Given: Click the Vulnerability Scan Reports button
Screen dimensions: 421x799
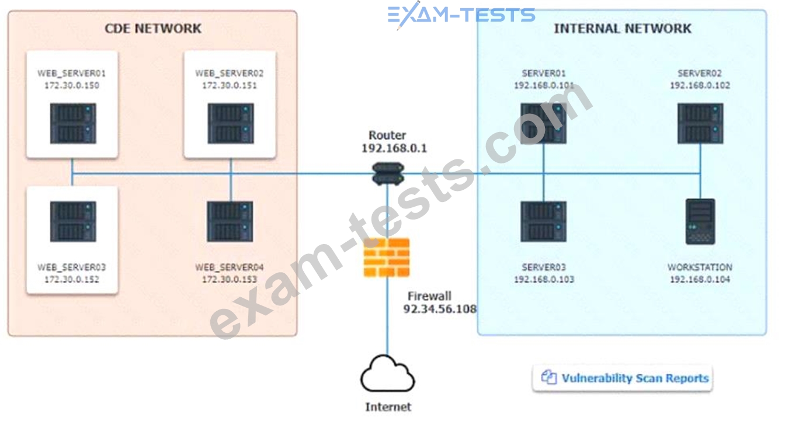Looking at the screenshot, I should click(x=623, y=378).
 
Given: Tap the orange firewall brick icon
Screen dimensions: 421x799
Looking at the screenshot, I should click(x=387, y=257).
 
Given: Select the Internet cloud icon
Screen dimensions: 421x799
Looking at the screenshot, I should click(x=387, y=375).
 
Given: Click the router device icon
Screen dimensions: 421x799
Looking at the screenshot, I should click(x=388, y=173).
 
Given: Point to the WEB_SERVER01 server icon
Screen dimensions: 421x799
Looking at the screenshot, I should click(x=72, y=124).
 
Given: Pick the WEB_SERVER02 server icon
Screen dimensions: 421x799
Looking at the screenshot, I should click(x=231, y=124).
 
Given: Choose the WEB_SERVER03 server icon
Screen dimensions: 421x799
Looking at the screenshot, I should click(x=72, y=222).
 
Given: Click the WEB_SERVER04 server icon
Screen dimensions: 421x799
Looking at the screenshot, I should click(x=230, y=222).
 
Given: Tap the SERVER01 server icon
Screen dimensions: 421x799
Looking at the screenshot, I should click(x=543, y=124).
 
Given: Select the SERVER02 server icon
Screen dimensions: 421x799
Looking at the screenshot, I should click(x=700, y=124).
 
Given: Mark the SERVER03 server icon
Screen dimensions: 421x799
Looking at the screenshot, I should click(x=543, y=222).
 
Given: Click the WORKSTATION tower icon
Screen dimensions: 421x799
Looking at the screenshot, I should click(x=700, y=222).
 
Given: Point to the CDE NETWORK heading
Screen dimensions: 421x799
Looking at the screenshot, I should click(x=152, y=28).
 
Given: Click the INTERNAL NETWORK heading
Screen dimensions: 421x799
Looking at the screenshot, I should click(x=623, y=28).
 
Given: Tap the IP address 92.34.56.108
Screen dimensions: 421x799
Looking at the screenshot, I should click(x=440, y=309).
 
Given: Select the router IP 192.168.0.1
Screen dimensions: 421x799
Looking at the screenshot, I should click(x=394, y=148).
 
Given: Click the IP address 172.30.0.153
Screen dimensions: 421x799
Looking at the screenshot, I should click(x=230, y=279).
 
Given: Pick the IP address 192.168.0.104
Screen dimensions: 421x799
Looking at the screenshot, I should click(x=700, y=279).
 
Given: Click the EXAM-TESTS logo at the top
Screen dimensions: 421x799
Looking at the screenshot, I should click(x=461, y=15).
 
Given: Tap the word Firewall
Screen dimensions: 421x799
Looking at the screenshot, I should click(x=429, y=295).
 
